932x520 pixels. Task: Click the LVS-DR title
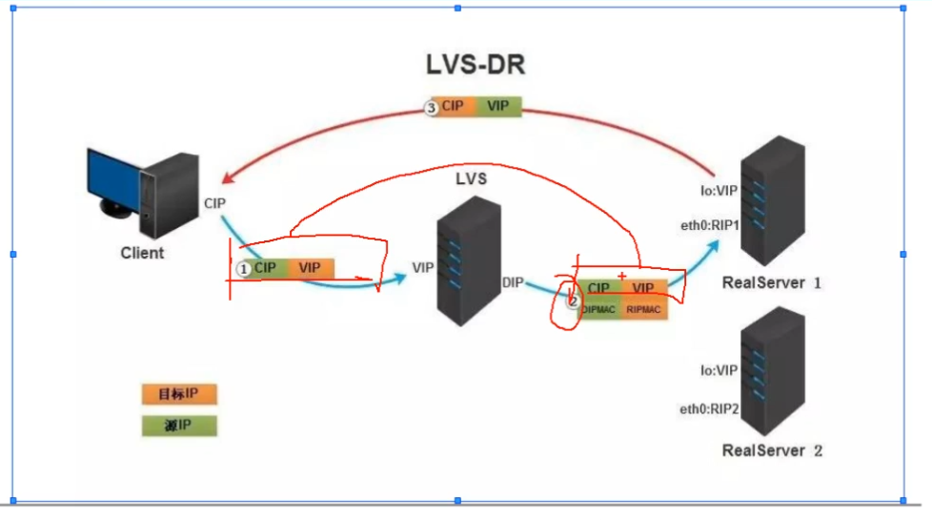(476, 65)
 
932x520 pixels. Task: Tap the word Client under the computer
(142, 253)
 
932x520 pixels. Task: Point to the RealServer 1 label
(772, 282)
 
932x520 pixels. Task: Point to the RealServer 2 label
(772, 450)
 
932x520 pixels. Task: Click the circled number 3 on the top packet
(431, 108)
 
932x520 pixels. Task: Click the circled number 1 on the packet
(243, 269)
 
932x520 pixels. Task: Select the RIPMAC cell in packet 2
(645, 309)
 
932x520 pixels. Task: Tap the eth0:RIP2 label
(709, 408)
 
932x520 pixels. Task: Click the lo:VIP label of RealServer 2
(719, 369)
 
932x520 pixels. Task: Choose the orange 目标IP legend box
(179, 394)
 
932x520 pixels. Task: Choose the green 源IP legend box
(179, 426)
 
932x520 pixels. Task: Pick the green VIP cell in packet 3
(498, 107)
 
